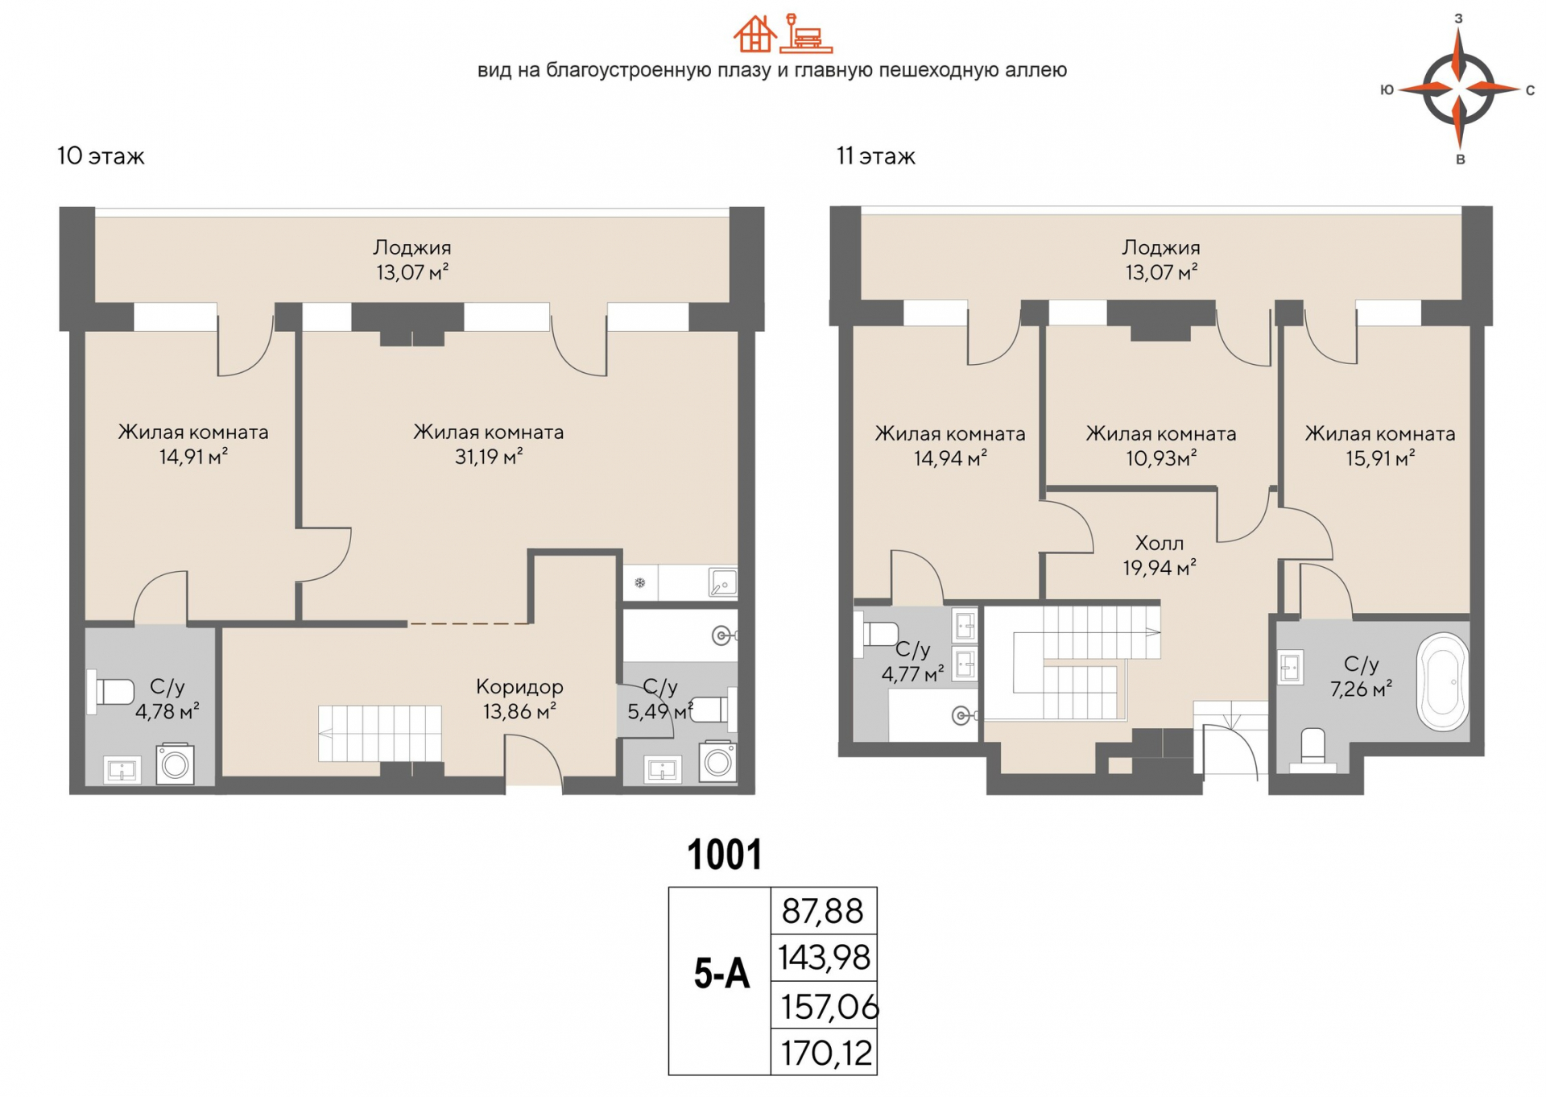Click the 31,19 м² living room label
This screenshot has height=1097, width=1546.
click(x=488, y=444)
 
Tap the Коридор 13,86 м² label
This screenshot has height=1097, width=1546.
click(x=519, y=698)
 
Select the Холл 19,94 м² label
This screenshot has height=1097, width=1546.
click(x=1159, y=555)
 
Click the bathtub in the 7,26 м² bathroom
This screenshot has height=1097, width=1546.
click(x=1444, y=682)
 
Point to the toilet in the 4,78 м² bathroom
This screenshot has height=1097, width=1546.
click(x=112, y=692)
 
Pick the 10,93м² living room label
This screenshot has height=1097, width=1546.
click(x=1160, y=445)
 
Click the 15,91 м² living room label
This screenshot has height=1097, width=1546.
click(x=1379, y=445)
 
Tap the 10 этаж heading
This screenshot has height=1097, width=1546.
click(x=101, y=156)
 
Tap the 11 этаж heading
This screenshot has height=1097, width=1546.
click(x=875, y=156)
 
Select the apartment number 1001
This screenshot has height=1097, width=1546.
click(x=724, y=855)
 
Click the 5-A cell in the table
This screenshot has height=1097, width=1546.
click(x=721, y=975)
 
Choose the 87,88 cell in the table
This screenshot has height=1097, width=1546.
click(x=822, y=911)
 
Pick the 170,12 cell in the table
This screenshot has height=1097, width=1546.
click(x=825, y=1053)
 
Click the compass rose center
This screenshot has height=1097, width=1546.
click(x=1459, y=88)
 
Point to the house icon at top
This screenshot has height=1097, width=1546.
click(x=754, y=34)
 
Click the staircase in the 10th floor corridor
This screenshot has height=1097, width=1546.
click(x=379, y=733)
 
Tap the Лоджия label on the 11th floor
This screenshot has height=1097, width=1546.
click(x=1160, y=259)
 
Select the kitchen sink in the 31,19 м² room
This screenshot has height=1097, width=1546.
click(x=722, y=582)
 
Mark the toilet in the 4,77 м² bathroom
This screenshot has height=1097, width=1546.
click(x=878, y=633)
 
